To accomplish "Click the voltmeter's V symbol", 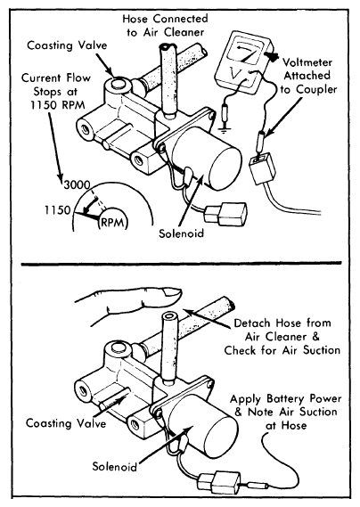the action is [x=236, y=74].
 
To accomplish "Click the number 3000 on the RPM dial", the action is [x=77, y=185].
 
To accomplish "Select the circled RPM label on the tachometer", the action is [x=112, y=223].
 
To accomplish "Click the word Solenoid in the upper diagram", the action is [x=181, y=233].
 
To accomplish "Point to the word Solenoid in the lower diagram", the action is [x=114, y=466].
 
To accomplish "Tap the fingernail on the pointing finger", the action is [x=172, y=292].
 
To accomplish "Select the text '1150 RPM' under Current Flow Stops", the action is [x=58, y=105].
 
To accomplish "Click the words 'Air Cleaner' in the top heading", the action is [x=174, y=32].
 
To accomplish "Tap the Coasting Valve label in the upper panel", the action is [x=67, y=45].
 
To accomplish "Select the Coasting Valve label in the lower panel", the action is [x=66, y=423].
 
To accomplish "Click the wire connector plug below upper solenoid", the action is [x=225, y=214].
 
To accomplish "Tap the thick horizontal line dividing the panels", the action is [x=181, y=264].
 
